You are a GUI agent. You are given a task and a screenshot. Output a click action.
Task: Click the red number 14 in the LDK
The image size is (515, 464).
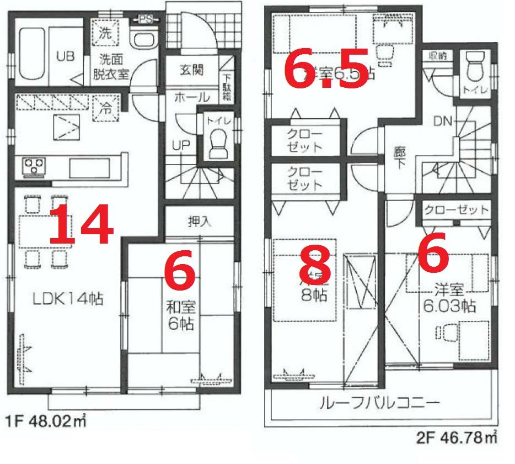coord(81,224)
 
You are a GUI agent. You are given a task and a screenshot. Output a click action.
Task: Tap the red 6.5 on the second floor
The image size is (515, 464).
coord(326,72)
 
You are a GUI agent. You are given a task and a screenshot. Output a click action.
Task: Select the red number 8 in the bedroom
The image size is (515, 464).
coord(314,265)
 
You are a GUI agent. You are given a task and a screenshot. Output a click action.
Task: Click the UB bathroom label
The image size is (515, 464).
coord(65,56)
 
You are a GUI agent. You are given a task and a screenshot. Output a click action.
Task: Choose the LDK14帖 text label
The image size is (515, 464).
coord(68,299)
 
